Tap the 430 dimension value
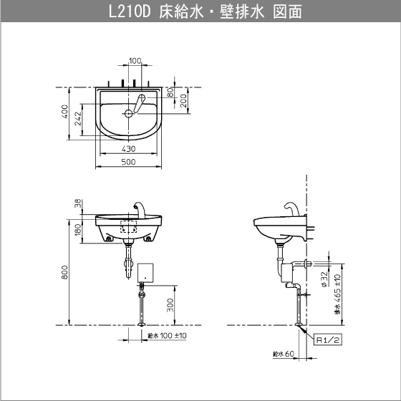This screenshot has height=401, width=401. click(127, 149)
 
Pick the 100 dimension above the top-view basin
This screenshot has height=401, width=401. click(135, 61)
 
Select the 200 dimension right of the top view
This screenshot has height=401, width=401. click(184, 100)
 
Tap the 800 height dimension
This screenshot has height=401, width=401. click(64, 272)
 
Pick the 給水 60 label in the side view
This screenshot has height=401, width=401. click(284, 353)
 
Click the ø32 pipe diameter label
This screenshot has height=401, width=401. click(324, 278)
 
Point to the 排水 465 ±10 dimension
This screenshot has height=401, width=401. click(337, 294)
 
